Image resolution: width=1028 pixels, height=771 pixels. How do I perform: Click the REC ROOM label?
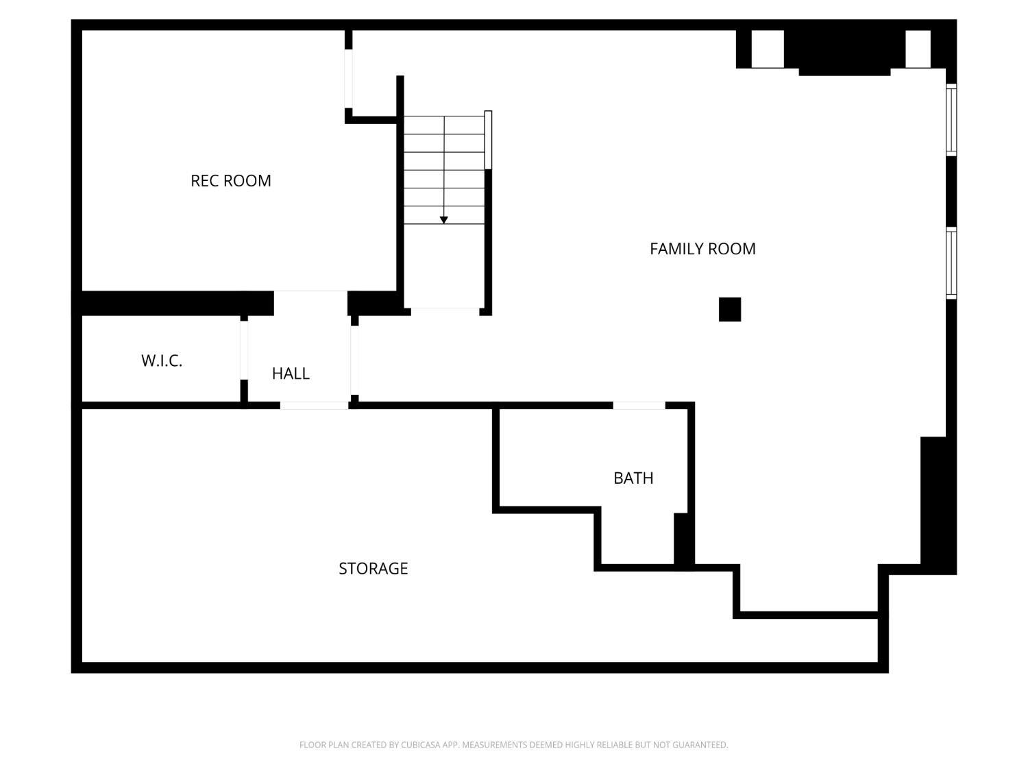(230, 181)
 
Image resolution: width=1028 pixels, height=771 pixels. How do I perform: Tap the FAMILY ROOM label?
(702, 249)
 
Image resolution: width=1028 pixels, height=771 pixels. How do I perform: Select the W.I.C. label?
(162, 360)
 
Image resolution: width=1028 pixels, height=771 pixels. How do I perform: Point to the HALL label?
(291, 373)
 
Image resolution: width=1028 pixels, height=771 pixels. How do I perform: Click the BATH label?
(633, 478)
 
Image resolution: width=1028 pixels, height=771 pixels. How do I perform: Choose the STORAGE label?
(374, 568)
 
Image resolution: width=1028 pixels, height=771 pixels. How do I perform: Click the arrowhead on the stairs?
(443, 220)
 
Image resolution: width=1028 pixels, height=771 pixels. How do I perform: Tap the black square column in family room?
(730, 310)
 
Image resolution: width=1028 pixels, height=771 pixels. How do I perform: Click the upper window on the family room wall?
(951, 120)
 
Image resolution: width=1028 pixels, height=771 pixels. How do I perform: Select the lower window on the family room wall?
(951, 262)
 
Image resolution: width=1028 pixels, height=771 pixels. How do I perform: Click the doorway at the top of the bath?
(639, 406)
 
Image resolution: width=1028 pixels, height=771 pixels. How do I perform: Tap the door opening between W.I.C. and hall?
(244, 350)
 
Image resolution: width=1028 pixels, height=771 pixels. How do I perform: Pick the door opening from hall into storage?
(315, 406)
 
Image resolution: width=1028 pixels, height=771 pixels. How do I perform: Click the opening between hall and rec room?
(310, 303)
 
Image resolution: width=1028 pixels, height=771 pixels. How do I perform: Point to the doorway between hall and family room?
(354, 360)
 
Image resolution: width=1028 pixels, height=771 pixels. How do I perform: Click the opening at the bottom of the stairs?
(445, 312)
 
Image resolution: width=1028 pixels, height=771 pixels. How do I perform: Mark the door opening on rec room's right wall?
(348, 79)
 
